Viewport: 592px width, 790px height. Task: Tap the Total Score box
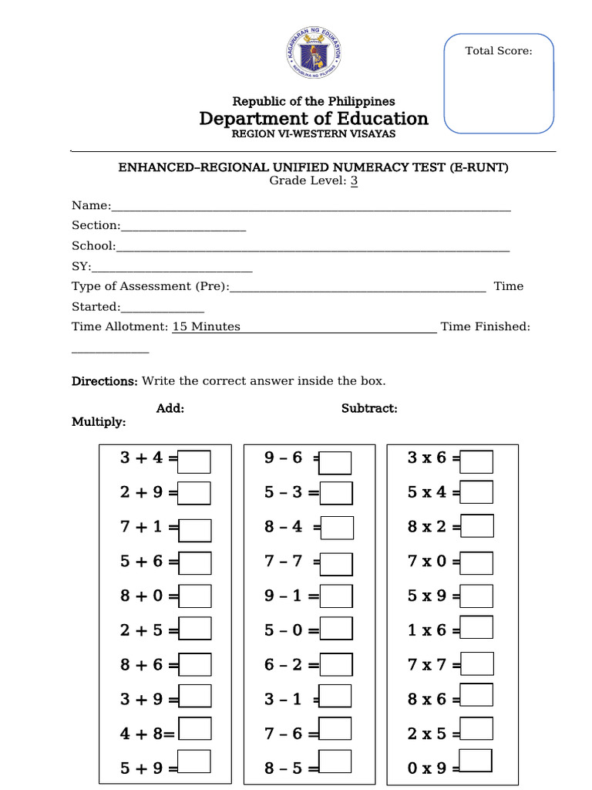click(x=499, y=83)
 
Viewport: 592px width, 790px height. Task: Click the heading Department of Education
click(x=314, y=118)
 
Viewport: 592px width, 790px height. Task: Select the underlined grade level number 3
click(x=354, y=181)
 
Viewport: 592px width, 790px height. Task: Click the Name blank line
click(x=311, y=206)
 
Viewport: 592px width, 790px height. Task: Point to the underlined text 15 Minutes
click(x=206, y=326)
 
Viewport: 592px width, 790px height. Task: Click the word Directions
click(x=104, y=381)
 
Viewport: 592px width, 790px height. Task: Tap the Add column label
click(x=170, y=408)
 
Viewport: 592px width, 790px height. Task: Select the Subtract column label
click(x=369, y=408)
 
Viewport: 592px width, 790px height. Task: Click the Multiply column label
click(x=99, y=422)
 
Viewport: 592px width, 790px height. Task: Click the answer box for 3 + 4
click(x=194, y=461)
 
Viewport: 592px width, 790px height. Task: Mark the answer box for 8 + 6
click(x=194, y=664)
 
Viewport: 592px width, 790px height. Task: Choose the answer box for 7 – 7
click(x=336, y=565)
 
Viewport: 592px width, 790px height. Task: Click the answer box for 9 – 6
click(x=336, y=462)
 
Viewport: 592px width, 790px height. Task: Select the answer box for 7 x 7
click(x=478, y=664)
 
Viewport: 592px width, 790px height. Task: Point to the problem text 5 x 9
click(x=427, y=596)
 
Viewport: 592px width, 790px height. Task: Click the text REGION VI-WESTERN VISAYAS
click(x=314, y=134)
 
